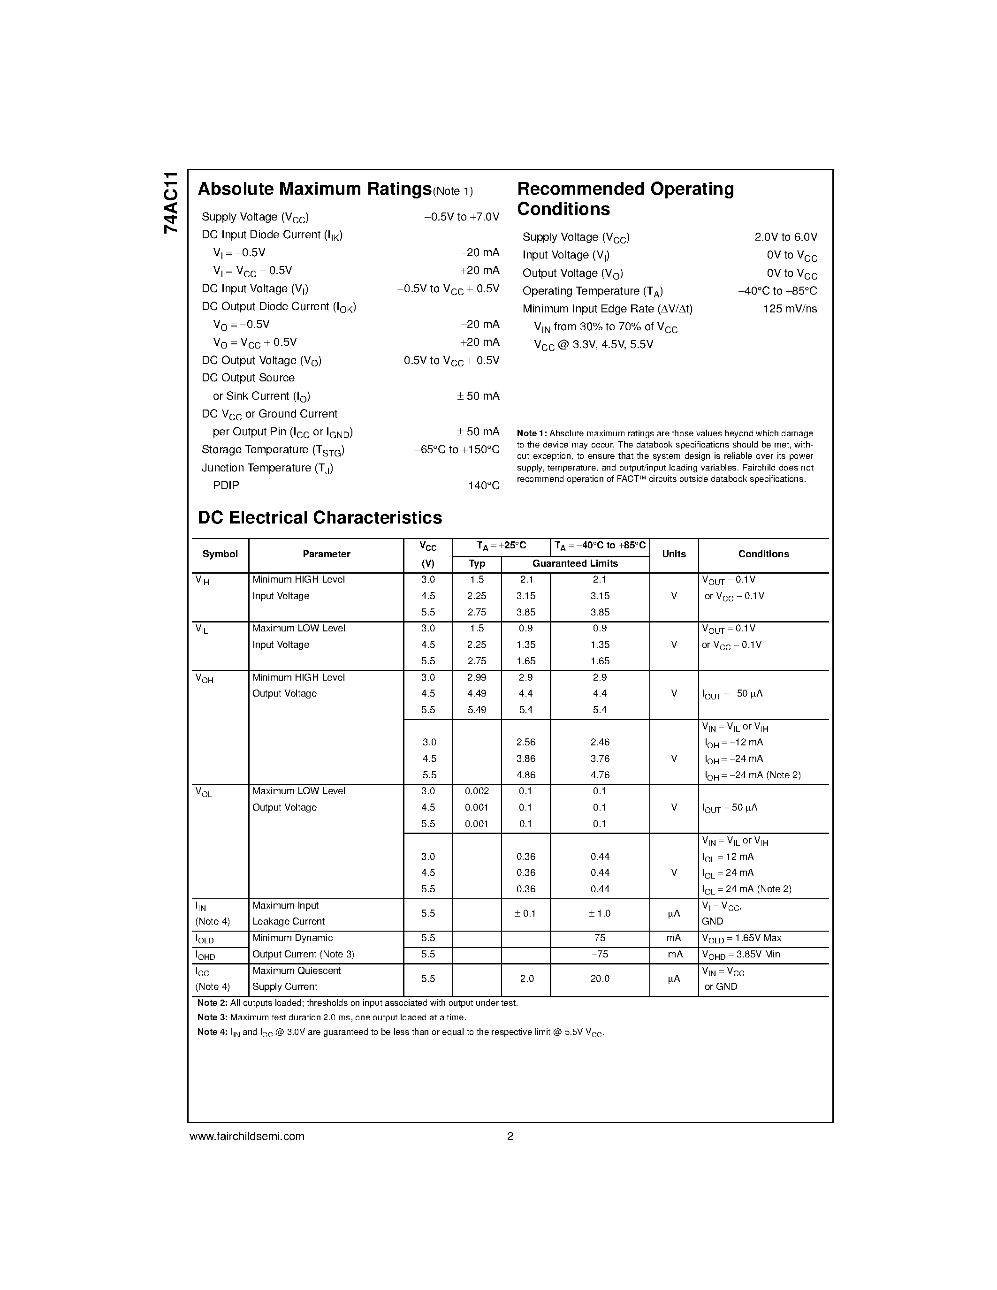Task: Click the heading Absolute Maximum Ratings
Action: pos(314,189)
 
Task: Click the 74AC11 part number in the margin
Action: pos(170,203)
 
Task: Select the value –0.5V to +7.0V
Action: pos(461,217)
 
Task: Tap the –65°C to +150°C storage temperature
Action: pos(456,449)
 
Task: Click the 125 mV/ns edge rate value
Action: pos(790,309)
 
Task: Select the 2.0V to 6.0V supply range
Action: pos(785,237)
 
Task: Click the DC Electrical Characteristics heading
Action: pos(320,518)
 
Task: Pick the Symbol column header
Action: pos(220,554)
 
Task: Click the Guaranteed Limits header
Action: pos(575,563)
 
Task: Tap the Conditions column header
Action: pos(763,554)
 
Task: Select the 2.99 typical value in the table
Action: pos(476,677)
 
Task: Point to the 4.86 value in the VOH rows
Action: pos(525,775)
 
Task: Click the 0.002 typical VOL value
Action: pos(476,791)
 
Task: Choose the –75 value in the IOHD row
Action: pos(600,954)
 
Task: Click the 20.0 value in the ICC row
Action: pos(600,979)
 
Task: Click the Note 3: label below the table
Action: pos(212,1017)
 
